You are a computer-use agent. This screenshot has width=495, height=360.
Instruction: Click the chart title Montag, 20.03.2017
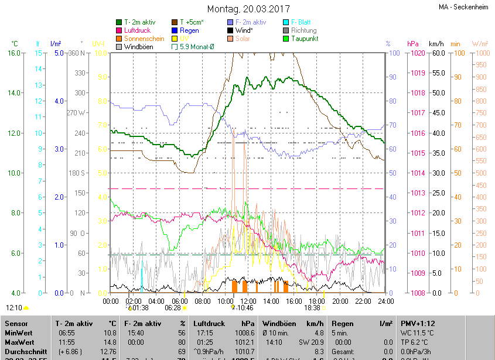pos(249,9)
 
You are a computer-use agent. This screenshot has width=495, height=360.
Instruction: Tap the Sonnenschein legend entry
pos(144,39)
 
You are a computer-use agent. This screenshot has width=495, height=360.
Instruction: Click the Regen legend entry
pos(189,30)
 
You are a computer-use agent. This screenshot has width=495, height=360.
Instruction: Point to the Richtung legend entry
pos(303,30)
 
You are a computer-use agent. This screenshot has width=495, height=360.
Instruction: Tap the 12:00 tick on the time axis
pos(248,301)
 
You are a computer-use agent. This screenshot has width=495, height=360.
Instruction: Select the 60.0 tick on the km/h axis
pos(437,53)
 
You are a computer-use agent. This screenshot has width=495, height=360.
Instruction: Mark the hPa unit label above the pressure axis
pos(413,44)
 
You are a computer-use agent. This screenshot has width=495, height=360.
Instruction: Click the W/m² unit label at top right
pos(480,44)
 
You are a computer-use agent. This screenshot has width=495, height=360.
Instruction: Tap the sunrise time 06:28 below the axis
pos(172,307)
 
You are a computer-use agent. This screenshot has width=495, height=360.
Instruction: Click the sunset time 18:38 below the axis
pos(312,307)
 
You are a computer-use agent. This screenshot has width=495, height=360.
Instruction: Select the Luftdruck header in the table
pos(209,323)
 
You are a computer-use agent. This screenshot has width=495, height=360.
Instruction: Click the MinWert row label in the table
pos(19,332)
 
